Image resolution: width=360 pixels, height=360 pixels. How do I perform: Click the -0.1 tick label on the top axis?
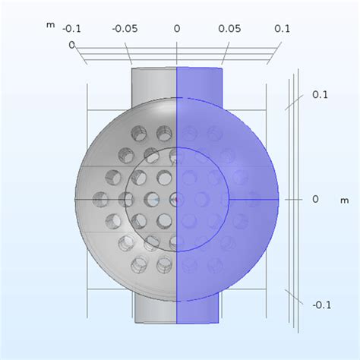pyautogui.click(x=72, y=28)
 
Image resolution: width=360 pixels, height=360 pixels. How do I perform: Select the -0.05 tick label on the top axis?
pyautogui.click(x=125, y=28)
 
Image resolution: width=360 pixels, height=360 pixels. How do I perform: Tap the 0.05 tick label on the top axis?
pyautogui.click(x=229, y=28)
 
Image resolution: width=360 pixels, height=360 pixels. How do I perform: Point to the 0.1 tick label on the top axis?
pyautogui.click(x=282, y=28)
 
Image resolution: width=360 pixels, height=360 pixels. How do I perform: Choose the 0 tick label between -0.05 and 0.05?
pyautogui.click(x=177, y=28)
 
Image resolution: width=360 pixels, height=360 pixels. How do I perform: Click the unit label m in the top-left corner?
pyautogui.click(x=50, y=25)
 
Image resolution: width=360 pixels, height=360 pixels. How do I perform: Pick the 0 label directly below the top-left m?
pyautogui.click(x=73, y=45)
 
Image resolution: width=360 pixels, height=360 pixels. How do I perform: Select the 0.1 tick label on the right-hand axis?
pyautogui.click(x=320, y=95)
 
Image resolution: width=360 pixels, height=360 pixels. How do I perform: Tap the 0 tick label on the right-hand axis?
pyautogui.click(x=316, y=199)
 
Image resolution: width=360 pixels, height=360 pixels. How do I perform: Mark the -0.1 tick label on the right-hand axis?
pyautogui.click(x=322, y=305)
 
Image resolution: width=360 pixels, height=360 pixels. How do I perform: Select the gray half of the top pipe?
pyautogui.click(x=154, y=80)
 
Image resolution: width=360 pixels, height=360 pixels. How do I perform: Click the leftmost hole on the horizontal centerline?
pyautogui.click(x=101, y=200)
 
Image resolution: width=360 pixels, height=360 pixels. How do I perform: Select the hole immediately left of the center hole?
pyautogui.click(x=150, y=200)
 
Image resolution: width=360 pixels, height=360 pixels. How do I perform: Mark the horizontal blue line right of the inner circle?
pyautogui.click(x=254, y=199)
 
